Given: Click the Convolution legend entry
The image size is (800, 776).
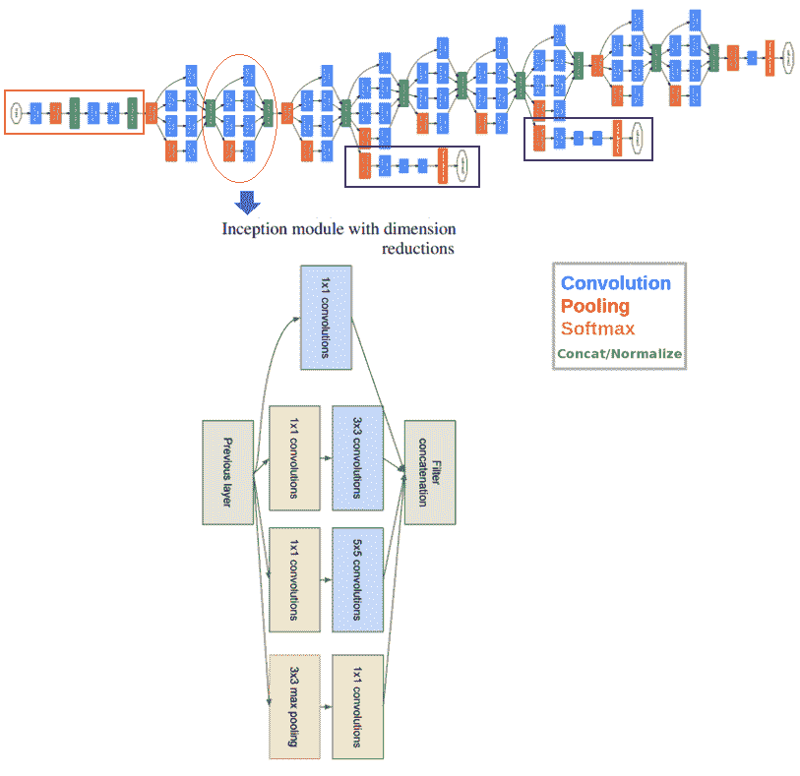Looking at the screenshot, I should coord(615,283).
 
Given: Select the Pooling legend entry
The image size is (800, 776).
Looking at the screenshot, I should coord(594,306).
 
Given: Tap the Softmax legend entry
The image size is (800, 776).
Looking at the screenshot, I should coord(597,328).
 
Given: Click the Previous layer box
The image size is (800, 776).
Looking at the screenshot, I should coord(228,472).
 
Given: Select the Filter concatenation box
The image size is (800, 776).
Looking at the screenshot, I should coord(429,472).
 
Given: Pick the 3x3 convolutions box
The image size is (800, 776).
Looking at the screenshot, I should coord(356,457).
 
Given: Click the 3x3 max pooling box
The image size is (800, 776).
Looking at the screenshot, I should coord(294,704).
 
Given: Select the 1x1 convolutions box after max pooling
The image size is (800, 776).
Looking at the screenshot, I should coord(356,704).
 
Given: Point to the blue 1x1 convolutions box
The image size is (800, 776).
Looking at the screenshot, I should coord(326,317).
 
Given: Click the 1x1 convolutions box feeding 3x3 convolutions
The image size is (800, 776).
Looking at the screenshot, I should coord(294,457).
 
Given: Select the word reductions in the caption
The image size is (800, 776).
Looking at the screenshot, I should coord(418,249).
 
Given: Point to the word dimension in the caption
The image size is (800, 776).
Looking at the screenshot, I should coord(420,230).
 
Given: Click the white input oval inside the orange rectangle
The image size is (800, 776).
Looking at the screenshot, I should coord(17,112).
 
